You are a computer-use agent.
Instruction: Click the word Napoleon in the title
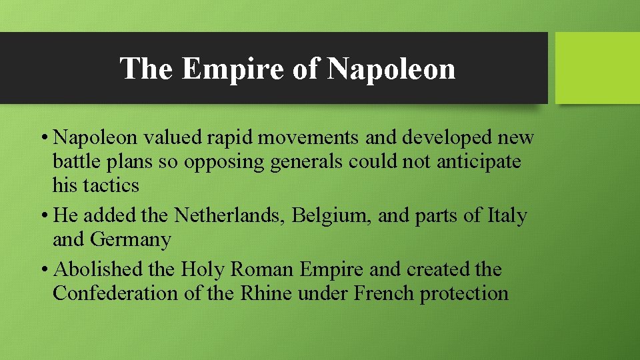point(391,68)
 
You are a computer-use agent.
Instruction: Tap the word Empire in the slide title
point(235,68)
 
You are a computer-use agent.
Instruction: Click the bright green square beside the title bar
point(597,68)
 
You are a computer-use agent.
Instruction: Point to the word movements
point(304,137)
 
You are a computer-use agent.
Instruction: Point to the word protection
point(464,293)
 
